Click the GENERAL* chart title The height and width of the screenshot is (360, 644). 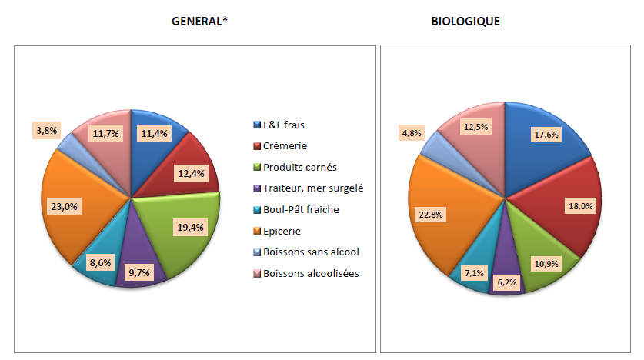[199, 22]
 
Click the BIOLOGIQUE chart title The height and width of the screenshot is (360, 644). [465, 22]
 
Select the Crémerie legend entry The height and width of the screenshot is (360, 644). [285, 145]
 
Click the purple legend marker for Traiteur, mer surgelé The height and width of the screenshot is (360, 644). [258, 188]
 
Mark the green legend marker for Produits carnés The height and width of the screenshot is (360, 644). [258, 167]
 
